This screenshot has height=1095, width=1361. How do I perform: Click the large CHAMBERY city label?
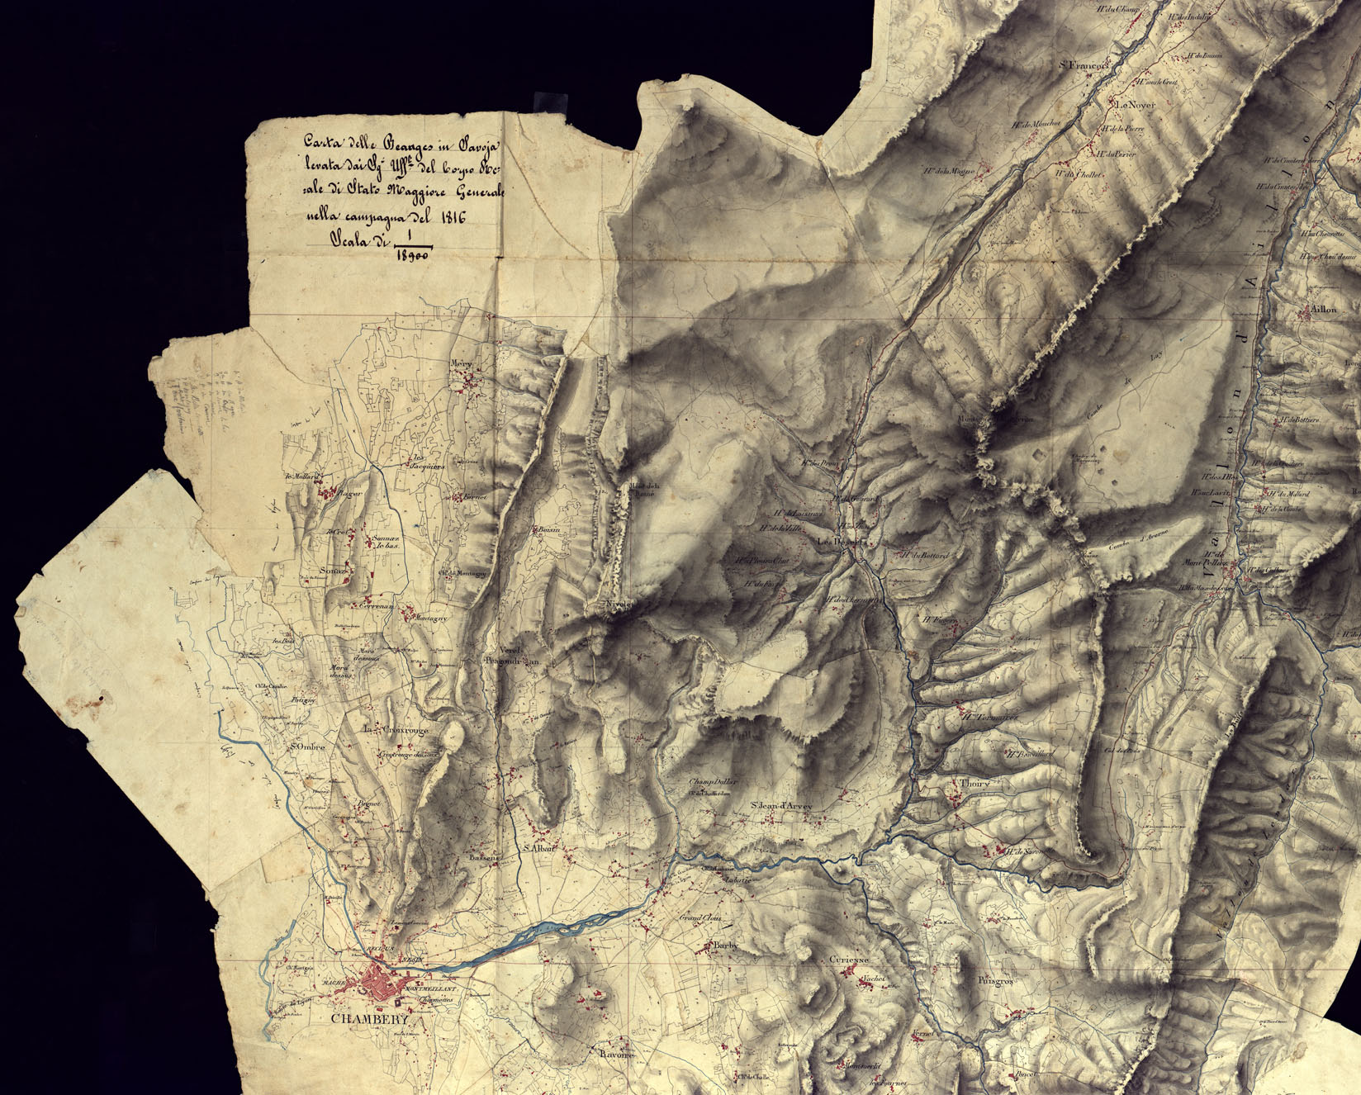(x=369, y=1019)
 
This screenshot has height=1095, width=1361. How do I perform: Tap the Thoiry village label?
(x=975, y=783)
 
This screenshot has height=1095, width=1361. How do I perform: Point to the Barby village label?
(x=722, y=947)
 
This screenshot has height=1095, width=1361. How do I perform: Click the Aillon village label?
(x=1316, y=311)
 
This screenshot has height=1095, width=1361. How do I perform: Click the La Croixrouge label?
(x=397, y=729)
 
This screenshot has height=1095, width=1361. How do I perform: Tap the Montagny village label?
(x=429, y=618)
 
